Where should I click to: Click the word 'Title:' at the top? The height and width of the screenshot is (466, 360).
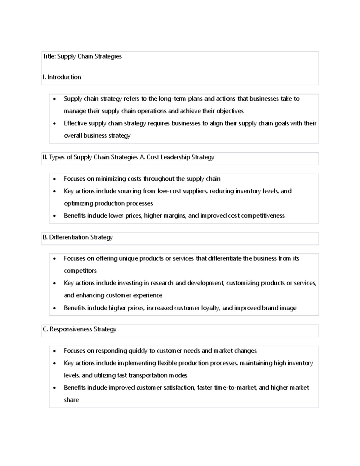coord(49,56)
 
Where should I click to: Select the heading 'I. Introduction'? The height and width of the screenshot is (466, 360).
coord(62,77)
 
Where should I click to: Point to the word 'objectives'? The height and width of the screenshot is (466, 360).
coord(230,111)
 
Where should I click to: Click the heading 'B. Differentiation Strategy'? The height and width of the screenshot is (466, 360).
coord(78,237)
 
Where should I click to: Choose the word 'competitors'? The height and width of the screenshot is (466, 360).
coord(80,271)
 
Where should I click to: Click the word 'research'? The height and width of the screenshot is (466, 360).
coord(162,283)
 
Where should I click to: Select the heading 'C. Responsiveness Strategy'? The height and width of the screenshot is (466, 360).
coord(79,329)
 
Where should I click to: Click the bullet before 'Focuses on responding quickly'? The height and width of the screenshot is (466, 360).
coord(54,351)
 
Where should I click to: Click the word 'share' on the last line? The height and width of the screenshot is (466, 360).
coord(71,400)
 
